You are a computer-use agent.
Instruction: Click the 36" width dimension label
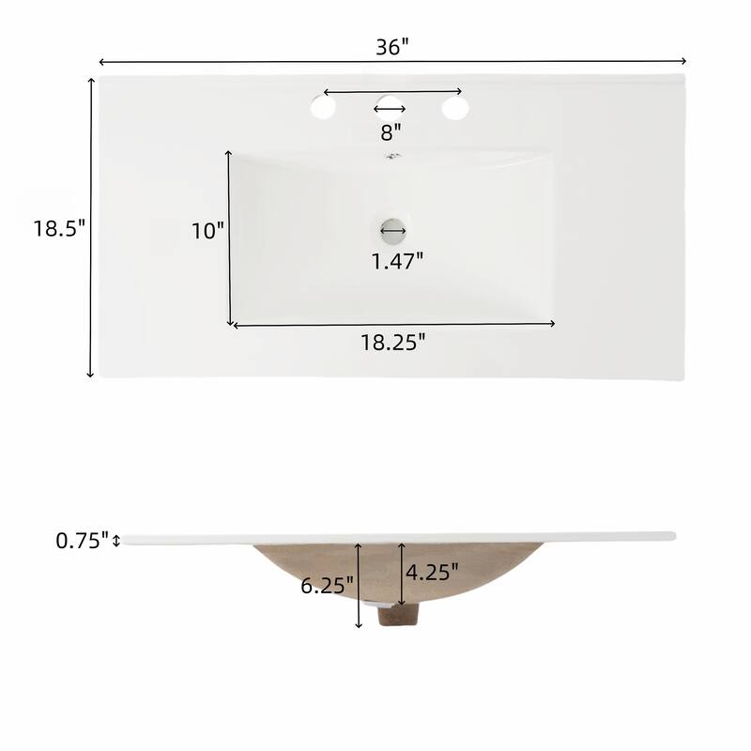click(392, 46)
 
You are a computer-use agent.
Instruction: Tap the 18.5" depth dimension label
click(59, 228)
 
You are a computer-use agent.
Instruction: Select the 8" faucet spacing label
click(391, 131)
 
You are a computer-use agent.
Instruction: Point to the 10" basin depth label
click(207, 231)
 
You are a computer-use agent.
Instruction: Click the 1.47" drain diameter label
click(397, 261)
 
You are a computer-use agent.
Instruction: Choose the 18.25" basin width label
click(392, 343)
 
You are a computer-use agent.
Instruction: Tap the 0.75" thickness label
click(83, 541)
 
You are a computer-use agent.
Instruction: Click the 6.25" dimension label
click(327, 585)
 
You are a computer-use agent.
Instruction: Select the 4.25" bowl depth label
click(432, 572)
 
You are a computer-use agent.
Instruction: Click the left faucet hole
click(322, 108)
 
